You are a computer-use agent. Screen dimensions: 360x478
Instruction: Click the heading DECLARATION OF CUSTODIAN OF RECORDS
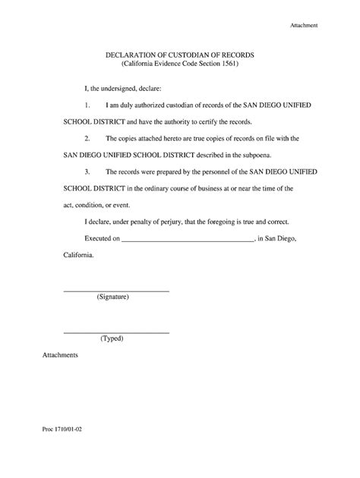pyautogui.click(x=179, y=56)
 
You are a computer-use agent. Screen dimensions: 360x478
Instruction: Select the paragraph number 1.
pyautogui.click(x=87, y=106)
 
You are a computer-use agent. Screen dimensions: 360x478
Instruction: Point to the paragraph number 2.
pyautogui.click(x=87, y=139)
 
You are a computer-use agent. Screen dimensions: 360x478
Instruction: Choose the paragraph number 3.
pyautogui.click(x=87, y=172)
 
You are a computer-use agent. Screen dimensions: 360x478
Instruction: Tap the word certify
pyautogui.click(x=194, y=122)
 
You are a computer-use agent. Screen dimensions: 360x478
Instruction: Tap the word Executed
pyautogui.click(x=99, y=238)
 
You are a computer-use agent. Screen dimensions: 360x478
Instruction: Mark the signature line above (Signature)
pyautogui.click(x=115, y=292)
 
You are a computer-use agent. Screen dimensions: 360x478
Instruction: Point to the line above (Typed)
pyautogui.click(x=115, y=333)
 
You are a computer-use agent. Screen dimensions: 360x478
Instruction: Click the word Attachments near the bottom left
pyautogui.click(x=61, y=355)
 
